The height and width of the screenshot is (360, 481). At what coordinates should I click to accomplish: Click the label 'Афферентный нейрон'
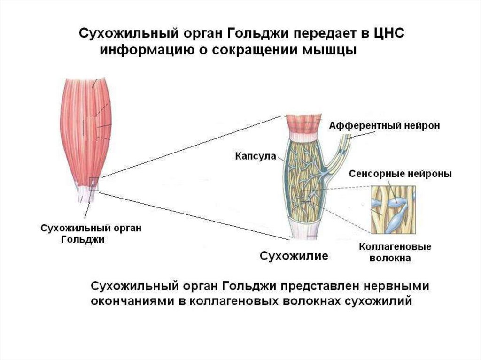[384, 126]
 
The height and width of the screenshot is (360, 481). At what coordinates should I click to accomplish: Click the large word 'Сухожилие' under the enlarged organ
[295, 256]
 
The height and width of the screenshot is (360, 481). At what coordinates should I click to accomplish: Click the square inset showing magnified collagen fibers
[393, 210]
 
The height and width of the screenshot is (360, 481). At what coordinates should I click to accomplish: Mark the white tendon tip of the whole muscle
[88, 197]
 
